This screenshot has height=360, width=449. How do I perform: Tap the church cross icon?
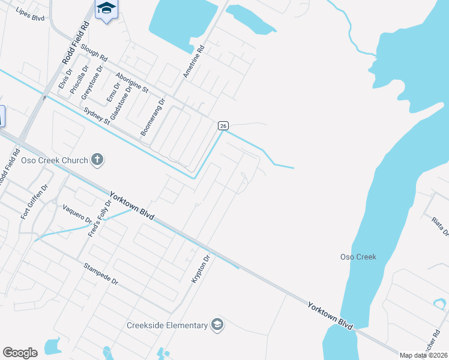pos(97,160)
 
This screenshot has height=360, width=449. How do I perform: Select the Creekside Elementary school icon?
pos(217,325)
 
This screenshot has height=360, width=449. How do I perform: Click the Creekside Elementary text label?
pos(167,325)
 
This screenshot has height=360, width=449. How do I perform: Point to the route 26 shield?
pos(223,125)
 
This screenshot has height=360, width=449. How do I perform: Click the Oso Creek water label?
pos(358,257)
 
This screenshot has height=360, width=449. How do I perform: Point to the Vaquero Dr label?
pos(77,214)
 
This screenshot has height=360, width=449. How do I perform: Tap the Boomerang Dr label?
pos(152,118)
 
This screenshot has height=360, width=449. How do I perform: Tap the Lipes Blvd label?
pos(31,14)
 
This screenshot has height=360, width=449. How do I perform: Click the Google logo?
pos(20,353)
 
